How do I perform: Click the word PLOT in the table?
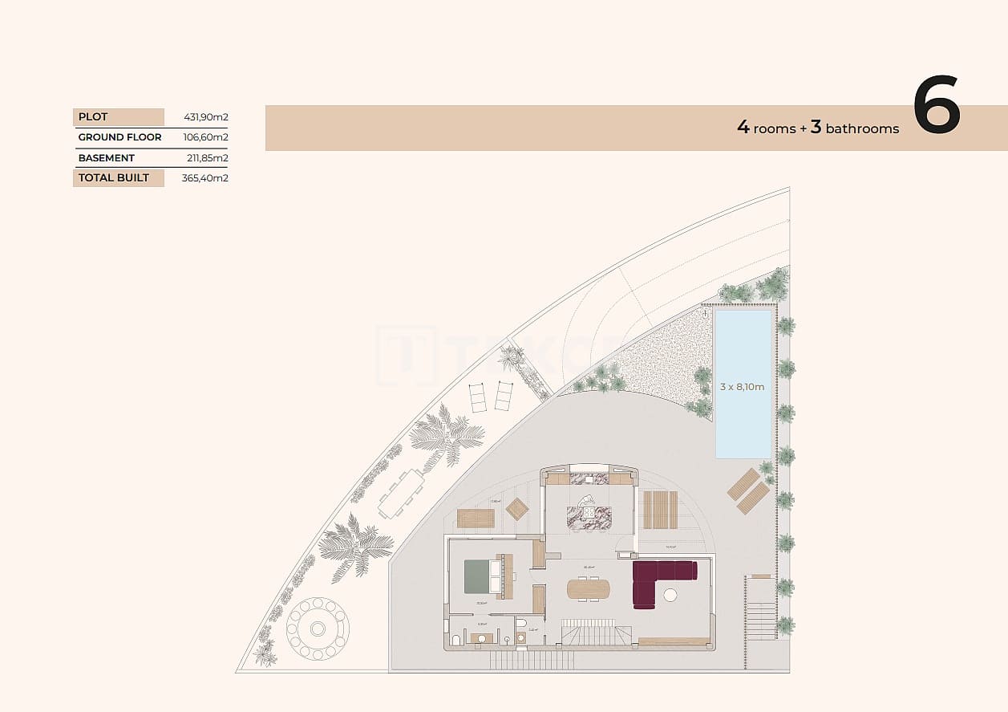[93, 117]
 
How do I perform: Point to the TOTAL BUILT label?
[113, 177]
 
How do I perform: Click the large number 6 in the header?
[936, 106]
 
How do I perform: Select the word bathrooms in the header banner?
[862, 128]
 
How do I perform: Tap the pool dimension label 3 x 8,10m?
[742, 387]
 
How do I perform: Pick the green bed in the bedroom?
[481, 576]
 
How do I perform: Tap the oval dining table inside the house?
[589, 589]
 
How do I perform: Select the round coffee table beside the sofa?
[670, 595]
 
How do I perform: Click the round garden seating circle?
[318, 628]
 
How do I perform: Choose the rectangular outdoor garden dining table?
[402, 493]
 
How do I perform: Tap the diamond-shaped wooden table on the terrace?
[517, 509]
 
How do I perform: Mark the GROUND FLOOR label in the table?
[119, 137]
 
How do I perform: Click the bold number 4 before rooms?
[743, 127]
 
